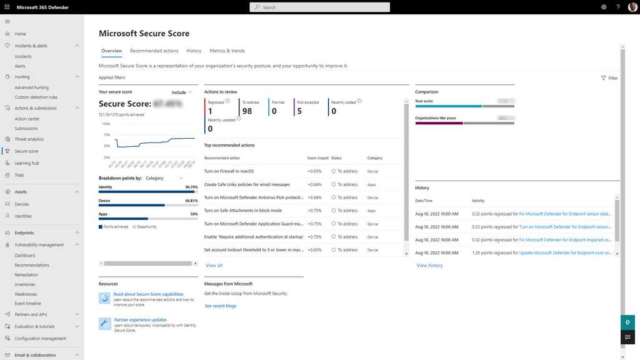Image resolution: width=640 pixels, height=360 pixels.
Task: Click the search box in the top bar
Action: tap(319, 7)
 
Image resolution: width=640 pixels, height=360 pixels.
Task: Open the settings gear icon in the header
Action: tap(604, 7)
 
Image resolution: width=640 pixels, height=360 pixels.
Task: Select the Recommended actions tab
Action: tap(154, 51)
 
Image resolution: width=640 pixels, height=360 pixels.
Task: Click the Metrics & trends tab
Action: tap(227, 51)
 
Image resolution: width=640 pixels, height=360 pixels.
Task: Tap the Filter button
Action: tap(609, 78)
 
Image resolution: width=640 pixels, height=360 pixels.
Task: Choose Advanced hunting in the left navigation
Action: tap(32, 87)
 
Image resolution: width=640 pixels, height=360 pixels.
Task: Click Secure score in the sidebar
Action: tap(26, 151)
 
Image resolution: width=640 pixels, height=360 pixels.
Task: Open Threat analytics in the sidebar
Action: tap(29, 139)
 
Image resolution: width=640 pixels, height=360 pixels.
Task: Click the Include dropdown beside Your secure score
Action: tap(182, 92)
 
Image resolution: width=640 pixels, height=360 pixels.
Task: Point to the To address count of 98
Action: tap(247, 111)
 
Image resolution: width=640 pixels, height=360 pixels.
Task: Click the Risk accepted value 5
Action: tap(299, 111)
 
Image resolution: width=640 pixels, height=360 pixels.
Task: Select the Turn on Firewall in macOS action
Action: tap(229, 171)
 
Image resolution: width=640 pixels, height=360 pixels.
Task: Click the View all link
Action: tap(214, 266)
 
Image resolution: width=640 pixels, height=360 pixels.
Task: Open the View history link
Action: tap(429, 266)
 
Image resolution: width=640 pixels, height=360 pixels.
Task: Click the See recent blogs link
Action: tap(221, 306)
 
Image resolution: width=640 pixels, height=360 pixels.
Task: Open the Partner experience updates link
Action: tap(140, 320)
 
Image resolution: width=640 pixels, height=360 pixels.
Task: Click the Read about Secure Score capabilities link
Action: tap(148, 294)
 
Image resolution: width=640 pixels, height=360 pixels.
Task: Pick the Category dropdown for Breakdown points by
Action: tap(164, 178)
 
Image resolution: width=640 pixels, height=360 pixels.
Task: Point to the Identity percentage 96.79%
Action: tap(191, 187)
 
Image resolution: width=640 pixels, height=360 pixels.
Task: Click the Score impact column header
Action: tap(317, 158)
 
